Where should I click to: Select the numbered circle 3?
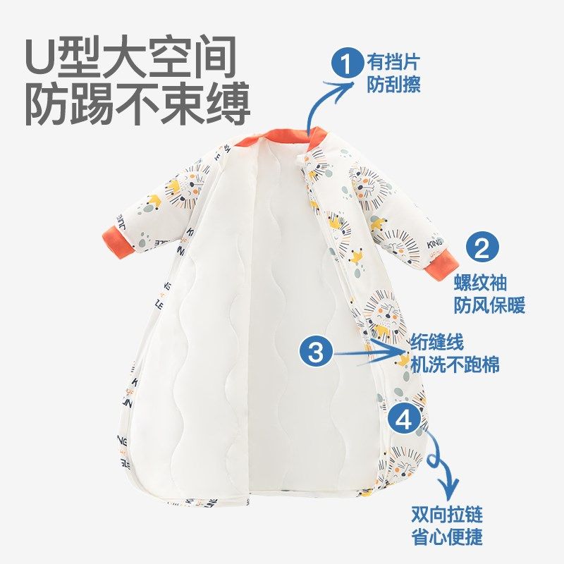click(317, 350)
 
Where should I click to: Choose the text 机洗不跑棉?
click(455, 365)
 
